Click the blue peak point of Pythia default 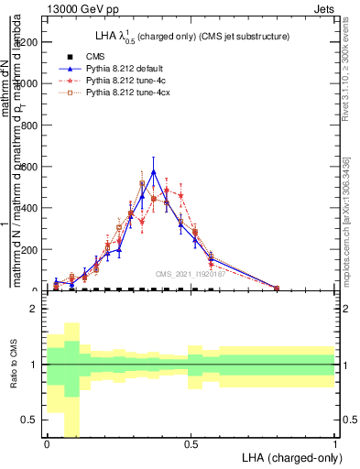point(154,171)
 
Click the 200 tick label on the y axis point(31,249)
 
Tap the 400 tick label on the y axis point(31,208)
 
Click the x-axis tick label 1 point(334,444)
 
